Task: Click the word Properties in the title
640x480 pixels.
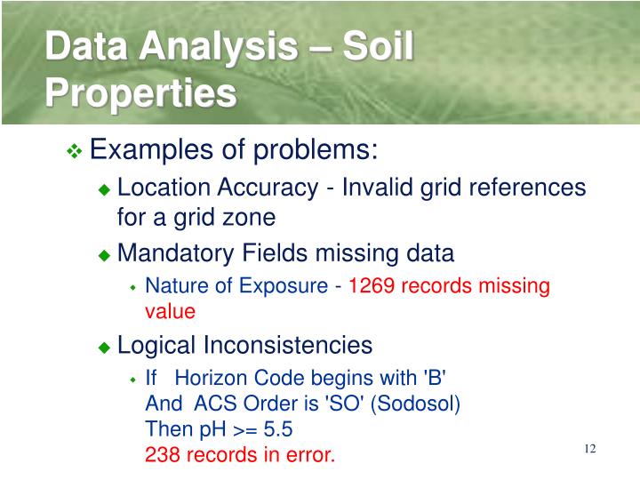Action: pos(141,92)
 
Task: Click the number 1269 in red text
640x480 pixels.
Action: pos(372,286)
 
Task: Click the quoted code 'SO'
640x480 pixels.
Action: pos(343,404)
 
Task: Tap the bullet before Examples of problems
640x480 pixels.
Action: pos(75,152)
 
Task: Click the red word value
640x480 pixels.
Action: pos(170,312)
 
